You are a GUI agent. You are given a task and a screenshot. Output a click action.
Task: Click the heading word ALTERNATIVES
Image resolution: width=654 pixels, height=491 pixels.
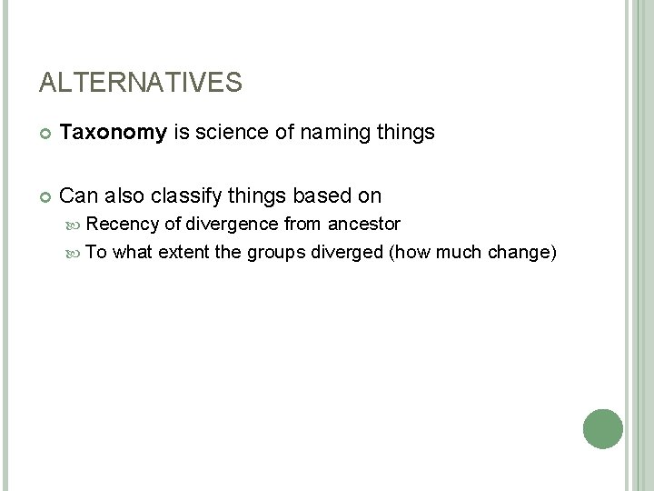click(141, 84)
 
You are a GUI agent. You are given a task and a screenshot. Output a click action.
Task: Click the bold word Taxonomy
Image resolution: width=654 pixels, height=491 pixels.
click(113, 134)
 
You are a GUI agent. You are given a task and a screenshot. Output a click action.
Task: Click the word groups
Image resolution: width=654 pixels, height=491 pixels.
click(276, 252)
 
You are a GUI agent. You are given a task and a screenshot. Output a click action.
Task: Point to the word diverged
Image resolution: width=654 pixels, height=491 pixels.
click(347, 252)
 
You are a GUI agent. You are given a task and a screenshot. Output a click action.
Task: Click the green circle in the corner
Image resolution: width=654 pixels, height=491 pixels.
click(602, 428)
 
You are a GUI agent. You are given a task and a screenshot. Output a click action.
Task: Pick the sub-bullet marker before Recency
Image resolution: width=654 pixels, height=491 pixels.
click(78, 225)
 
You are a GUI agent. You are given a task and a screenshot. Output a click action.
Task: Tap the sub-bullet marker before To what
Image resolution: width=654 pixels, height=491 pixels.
click(78, 253)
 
